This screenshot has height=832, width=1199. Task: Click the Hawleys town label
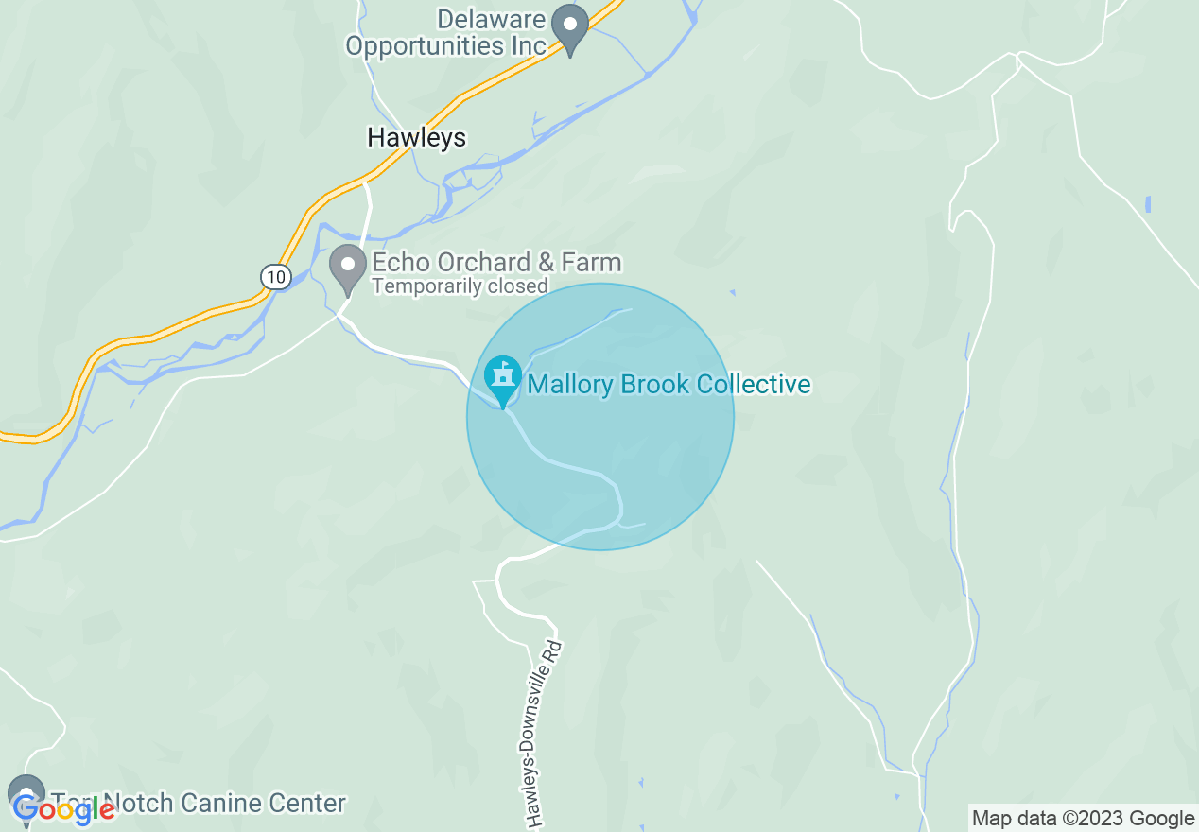click(416, 138)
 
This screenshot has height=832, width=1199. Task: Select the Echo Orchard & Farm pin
click(348, 269)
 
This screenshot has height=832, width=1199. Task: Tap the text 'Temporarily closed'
click(460, 286)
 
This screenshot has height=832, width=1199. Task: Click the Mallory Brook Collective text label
click(669, 385)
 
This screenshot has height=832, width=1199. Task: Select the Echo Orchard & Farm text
click(496, 263)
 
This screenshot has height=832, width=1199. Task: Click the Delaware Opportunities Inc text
click(446, 32)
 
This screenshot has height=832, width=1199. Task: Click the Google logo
click(64, 808)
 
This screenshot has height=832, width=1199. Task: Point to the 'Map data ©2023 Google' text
click(1084, 819)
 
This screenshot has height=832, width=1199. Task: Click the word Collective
click(754, 385)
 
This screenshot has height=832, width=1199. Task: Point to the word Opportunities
click(446, 45)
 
